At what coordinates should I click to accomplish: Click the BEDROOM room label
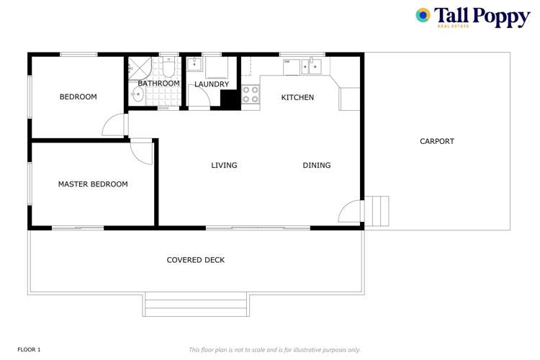click(78, 97)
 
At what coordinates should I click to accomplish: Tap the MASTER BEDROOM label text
click(93, 184)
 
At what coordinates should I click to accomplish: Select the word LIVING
click(224, 166)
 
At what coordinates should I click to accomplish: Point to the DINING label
click(317, 166)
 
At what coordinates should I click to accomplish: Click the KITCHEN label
click(297, 97)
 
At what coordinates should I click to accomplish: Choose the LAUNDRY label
click(212, 84)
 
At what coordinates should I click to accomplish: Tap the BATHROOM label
click(158, 84)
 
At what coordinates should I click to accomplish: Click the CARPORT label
click(437, 141)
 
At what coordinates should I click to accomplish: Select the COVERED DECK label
click(196, 260)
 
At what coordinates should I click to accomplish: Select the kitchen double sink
click(310, 67)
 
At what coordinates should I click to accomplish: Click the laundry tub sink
click(194, 65)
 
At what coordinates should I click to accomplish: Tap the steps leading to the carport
click(376, 210)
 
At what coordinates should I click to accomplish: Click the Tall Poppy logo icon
click(423, 15)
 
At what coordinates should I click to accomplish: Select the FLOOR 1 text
click(29, 349)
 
